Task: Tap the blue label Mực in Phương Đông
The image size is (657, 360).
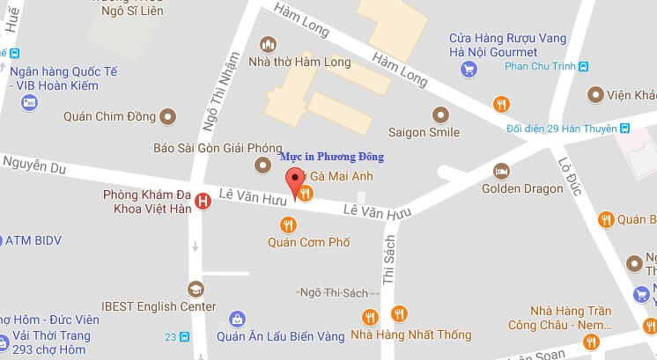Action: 332,158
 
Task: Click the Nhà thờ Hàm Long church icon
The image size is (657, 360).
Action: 269,44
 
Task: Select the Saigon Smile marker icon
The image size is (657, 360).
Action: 441,114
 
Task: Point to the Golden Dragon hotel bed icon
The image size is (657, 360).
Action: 501,170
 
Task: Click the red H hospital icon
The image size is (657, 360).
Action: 203,202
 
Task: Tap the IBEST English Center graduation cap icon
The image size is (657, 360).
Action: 195,288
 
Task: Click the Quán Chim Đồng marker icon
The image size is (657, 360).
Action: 167,116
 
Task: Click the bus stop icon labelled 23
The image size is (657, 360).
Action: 183,336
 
